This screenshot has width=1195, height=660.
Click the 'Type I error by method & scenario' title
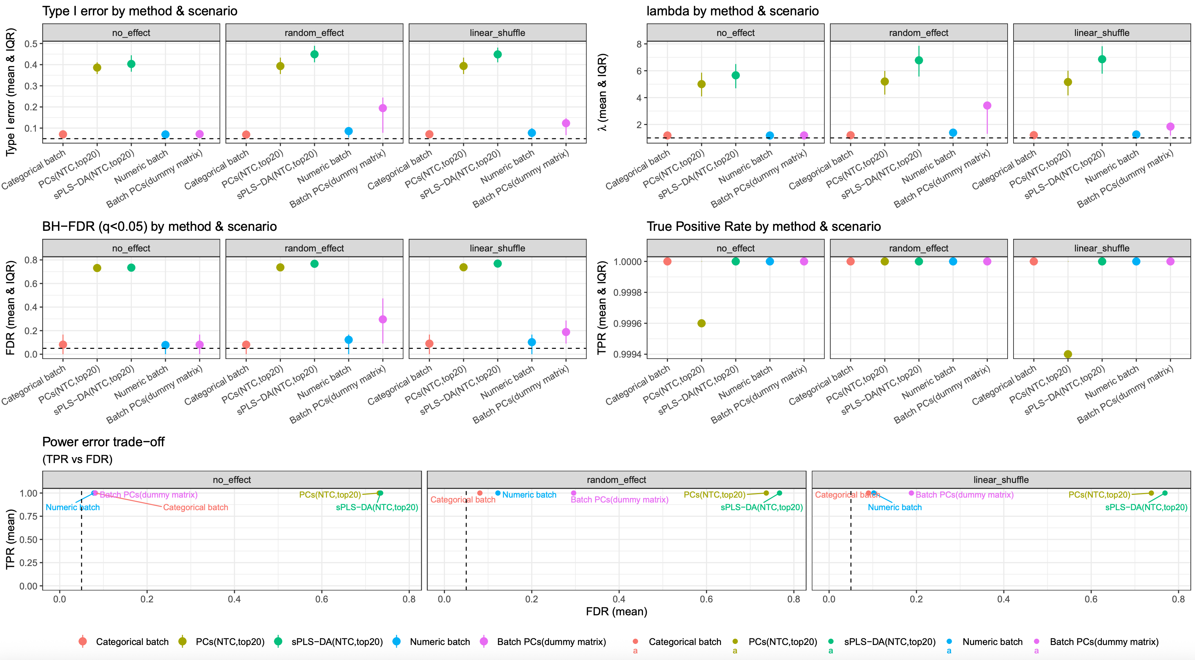pyautogui.click(x=140, y=11)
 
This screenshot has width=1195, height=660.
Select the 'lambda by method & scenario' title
pyautogui.click(x=733, y=11)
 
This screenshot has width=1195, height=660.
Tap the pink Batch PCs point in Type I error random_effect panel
pyautogui.click(x=383, y=108)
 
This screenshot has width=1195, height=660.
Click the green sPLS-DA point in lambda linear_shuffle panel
pyautogui.click(x=1102, y=59)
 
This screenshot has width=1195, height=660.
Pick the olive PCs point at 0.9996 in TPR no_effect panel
pyautogui.click(x=702, y=323)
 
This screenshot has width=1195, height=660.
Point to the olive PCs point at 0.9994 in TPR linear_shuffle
pyautogui.click(x=1068, y=354)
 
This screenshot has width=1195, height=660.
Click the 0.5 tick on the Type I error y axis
pyautogui.click(x=31, y=44)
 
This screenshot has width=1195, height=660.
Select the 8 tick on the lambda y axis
pyautogui.click(x=639, y=44)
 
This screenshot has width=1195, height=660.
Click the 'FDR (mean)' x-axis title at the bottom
pyautogui.click(x=616, y=611)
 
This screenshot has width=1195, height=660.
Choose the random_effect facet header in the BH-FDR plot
pyautogui.click(x=314, y=248)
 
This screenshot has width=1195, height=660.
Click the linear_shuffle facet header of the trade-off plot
pyautogui.click(x=1001, y=480)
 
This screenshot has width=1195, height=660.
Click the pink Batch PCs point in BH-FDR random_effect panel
pyautogui.click(x=383, y=319)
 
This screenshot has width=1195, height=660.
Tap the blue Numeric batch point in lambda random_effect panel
pyautogui.click(x=953, y=133)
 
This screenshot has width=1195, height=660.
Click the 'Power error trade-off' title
pyautogui.click(x=103, y=442)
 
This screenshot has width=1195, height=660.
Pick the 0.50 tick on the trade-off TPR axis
pyautogui.click(x=28, y=539)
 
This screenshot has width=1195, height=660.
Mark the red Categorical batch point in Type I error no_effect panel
pyautogui.click(x=63, y=134)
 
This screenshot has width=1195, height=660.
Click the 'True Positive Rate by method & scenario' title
pyautogui.click(x=764, y=227)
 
